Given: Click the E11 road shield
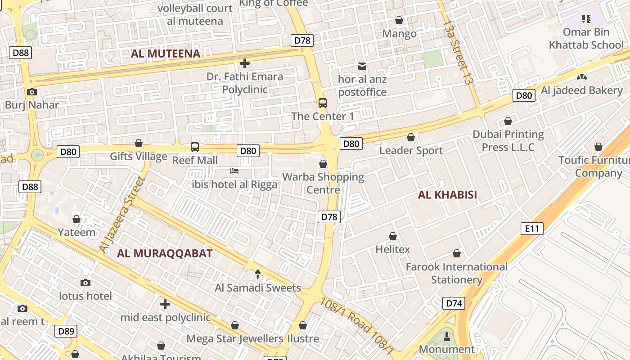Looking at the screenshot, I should click(532, 229).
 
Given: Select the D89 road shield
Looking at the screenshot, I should click(66, 332).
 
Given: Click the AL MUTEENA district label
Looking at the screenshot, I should click(166, 54).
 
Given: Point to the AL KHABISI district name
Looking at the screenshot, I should click(447, 195).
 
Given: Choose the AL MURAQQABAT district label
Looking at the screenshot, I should click(165, 253).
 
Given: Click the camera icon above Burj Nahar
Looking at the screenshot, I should click(31, 92).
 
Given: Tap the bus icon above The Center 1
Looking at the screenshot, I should click(323, 103).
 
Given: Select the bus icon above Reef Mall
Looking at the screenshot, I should click(195, 147).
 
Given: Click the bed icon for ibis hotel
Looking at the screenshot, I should click(234, 171).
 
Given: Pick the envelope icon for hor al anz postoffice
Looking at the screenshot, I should click(362, 66).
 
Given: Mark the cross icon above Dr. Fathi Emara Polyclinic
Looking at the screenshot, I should click(245, 63).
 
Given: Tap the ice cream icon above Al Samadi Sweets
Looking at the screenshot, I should click(258, 274).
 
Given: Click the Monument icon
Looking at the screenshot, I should click(447, 336).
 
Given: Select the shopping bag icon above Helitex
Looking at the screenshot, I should click(393, 236).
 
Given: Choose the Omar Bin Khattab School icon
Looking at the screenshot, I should click(586, 19).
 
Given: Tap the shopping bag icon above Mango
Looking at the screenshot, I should click(399, 20).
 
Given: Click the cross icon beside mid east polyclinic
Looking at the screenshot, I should click(165, 304).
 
